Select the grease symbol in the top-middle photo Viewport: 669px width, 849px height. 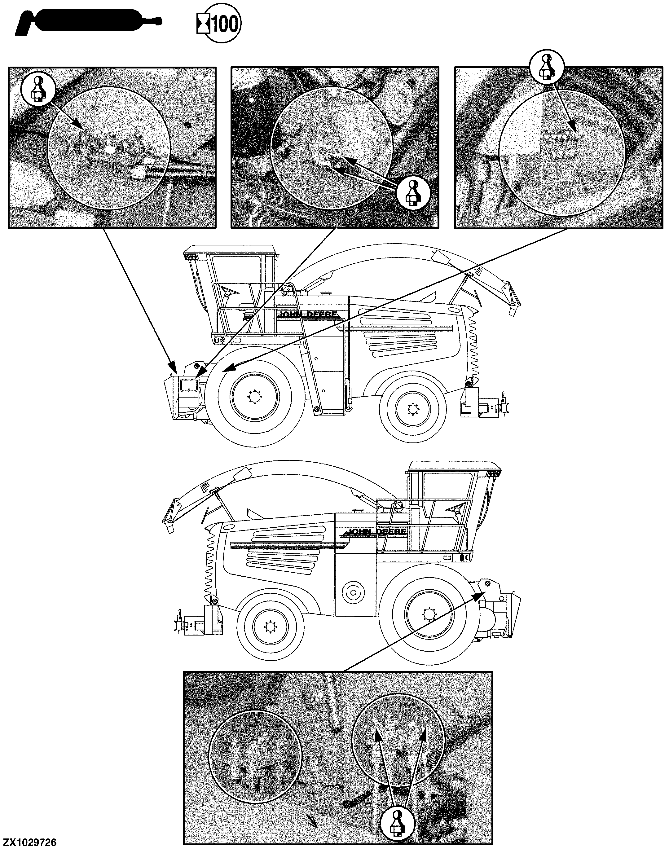[x=413, y=193]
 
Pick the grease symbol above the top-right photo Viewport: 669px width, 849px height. [x=547, y=67]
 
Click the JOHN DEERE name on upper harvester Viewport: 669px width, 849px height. [x=307, y=315]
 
